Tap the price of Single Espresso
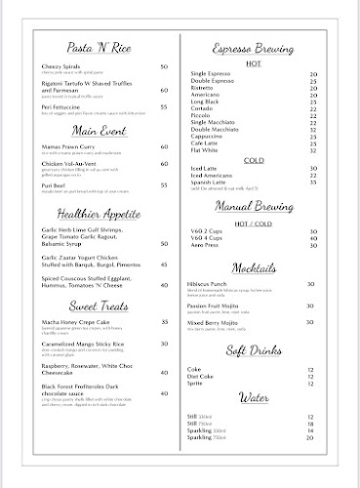(x=312, y=74)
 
